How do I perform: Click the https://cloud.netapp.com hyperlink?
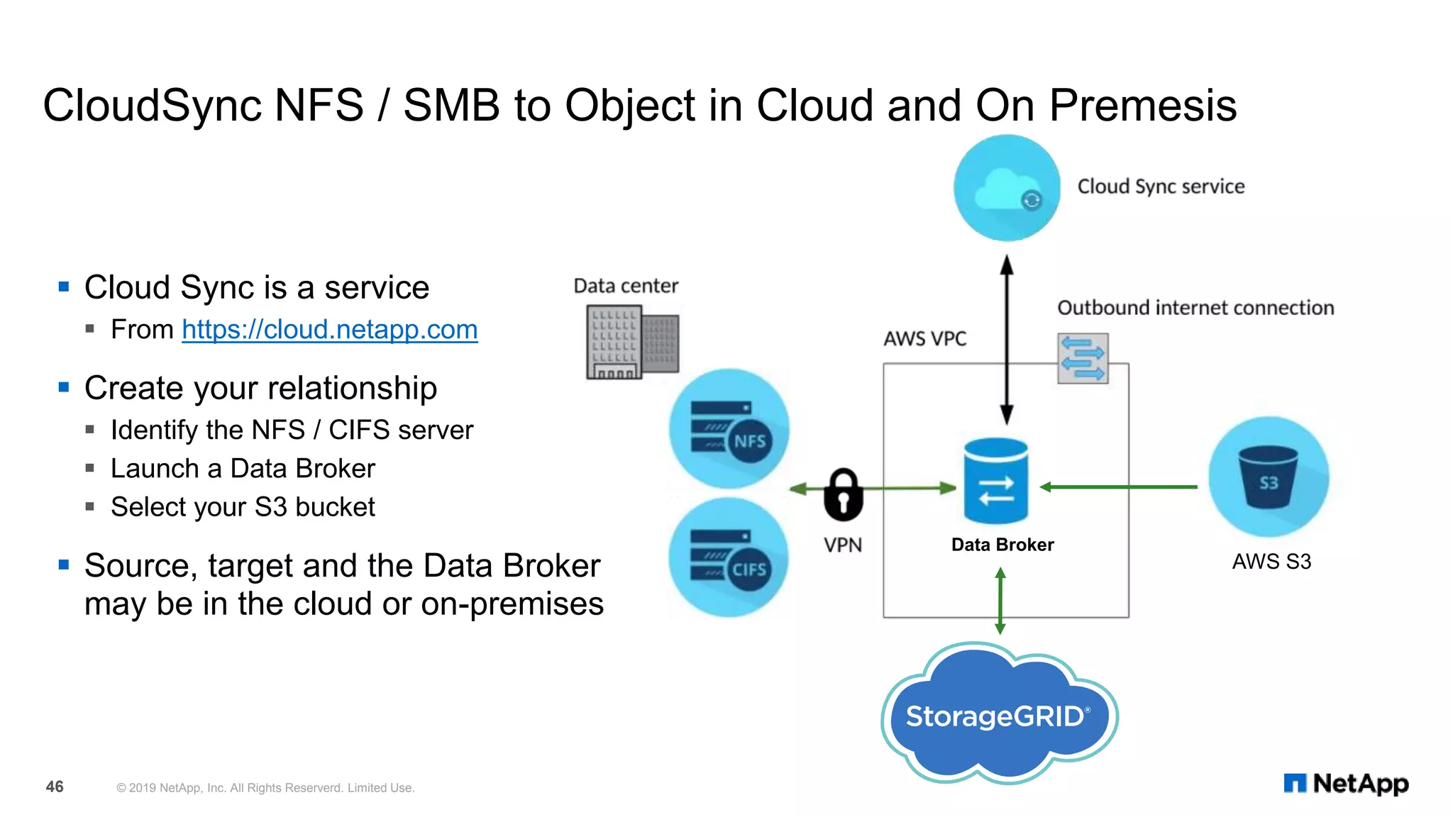[x=329, y=330]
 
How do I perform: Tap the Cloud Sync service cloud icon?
[x=1006, y=188]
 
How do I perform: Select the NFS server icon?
[x=729, y=428]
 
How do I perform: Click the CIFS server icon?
[x=729, y=557]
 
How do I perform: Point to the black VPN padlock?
[x=843, y=494]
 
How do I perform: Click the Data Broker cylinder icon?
[x=995, y=481]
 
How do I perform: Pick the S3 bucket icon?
[x=1269, y=477]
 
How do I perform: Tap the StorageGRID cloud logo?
[x=998, y=715]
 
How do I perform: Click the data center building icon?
[x=631, y=342]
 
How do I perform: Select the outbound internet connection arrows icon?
[x=1082, y=359]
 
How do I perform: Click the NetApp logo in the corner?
[x=1346, y=784]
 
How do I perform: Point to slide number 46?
[x=55, y=787]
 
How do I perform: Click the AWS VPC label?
[x=924, y=339]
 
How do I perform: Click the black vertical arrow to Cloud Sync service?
[x=1006, y=340]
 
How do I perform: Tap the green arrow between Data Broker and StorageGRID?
[x=1000, y=601]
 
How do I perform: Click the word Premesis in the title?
[x=1142, y=106]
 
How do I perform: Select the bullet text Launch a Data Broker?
[x=243, y=469]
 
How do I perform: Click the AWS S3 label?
[x=1271, y=562]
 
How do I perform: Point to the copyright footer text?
[x=265, y=788]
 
